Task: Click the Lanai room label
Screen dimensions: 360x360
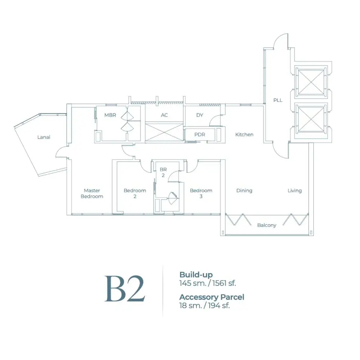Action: (x=44, y=137)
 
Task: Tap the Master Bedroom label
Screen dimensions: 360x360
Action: (x=92, y=193)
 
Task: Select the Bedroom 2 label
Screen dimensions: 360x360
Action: (x=135, y=193)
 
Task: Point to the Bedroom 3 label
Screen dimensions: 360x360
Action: (x=201, y=193)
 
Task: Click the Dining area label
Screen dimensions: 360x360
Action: (x=244, y=190)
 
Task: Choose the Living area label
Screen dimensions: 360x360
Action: (x=294, y=190)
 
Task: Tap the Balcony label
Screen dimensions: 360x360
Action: (x=267, y=225)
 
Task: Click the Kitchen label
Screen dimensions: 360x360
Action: (x=244, y=135)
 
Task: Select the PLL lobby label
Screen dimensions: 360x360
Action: (x=278, y=100)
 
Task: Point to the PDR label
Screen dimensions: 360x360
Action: (x=199, y=135)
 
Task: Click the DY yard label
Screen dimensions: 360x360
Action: (x=200, y=115)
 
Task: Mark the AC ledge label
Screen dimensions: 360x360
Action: (x=165, y=115)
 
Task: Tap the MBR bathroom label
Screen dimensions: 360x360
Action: (x=110, y=115)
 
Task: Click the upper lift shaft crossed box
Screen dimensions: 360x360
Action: (x=311, y=82)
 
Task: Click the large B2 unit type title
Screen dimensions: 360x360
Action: (x=125, y=289)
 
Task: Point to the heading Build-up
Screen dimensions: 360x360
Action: (x=196, y=275)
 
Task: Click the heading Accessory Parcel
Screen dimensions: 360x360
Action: (x=212, y=297)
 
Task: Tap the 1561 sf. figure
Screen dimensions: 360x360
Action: (x=224, y=283)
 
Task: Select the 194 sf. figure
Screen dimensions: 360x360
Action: (x=219, y=306)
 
